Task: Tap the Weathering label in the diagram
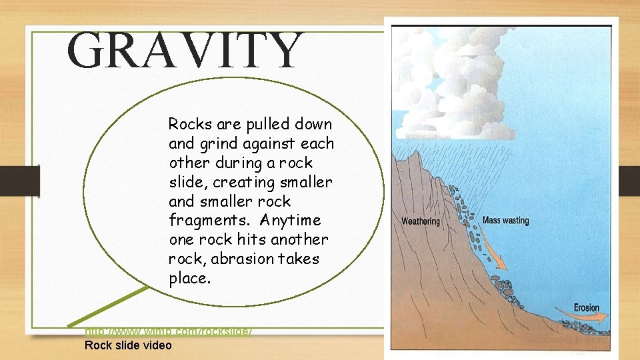420,221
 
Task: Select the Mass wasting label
505,220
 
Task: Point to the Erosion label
586,307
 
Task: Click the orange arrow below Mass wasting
494,253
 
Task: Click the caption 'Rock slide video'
128,345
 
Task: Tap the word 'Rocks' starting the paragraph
189,124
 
